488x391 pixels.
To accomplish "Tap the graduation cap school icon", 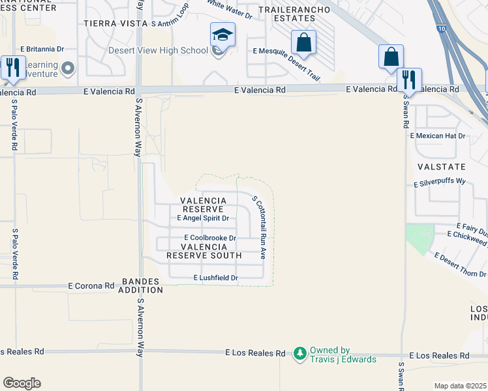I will click(x=222, y=35).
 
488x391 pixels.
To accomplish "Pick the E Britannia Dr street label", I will click(x=46, y=48).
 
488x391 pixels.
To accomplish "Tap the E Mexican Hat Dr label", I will click(x=438, y=136).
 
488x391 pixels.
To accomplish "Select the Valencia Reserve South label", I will click(x=204, y=251).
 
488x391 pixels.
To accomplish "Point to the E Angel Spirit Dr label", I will click(x=198, y=218).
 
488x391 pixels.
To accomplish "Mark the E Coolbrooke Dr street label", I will click(x=209, y=238).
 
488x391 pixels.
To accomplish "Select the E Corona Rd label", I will click(x=92, y=285).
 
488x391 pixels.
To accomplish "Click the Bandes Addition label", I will click(x=141, y=285).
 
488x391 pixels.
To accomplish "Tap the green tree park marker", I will click(x=299, y=353).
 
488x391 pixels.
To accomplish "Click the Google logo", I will click(x=22, y=383).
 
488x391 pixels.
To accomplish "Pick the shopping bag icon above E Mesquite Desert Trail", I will click(x=303, y=43).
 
